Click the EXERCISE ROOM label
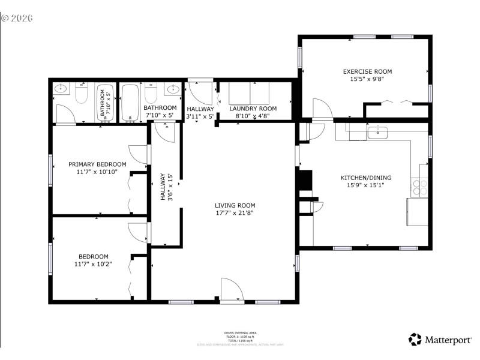click(x=367, y=71)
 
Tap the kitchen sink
click(x=377, y=133)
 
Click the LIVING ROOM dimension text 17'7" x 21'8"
click(x=238, y=212)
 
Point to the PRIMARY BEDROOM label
click(x=97, y=164)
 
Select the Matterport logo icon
click(x=415, y=340)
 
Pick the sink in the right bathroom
click(x=174, y=90)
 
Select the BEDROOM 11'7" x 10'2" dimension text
click(x=93, y=263)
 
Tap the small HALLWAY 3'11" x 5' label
click(x=200, y=112)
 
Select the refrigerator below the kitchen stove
click(x=417, y=211)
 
